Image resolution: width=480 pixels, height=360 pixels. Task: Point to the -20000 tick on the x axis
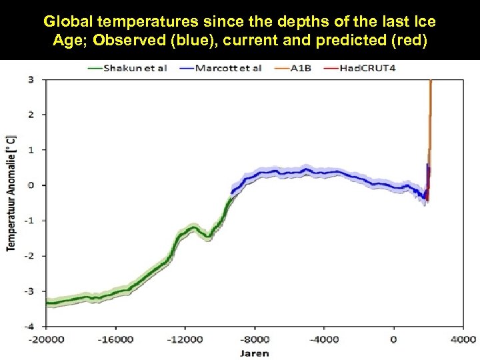click(46, 340)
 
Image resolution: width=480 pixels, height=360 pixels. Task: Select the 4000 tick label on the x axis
click(463, 340)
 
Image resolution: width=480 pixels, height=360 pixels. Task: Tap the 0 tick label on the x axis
click(393, 340)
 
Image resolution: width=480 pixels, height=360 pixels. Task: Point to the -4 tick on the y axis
click(31, 326)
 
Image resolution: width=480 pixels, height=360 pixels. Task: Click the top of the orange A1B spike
click(431, 81)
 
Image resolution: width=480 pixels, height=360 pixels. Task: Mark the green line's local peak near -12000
click(192, 227)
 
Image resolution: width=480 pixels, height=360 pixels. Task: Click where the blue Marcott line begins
click(231, 192)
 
